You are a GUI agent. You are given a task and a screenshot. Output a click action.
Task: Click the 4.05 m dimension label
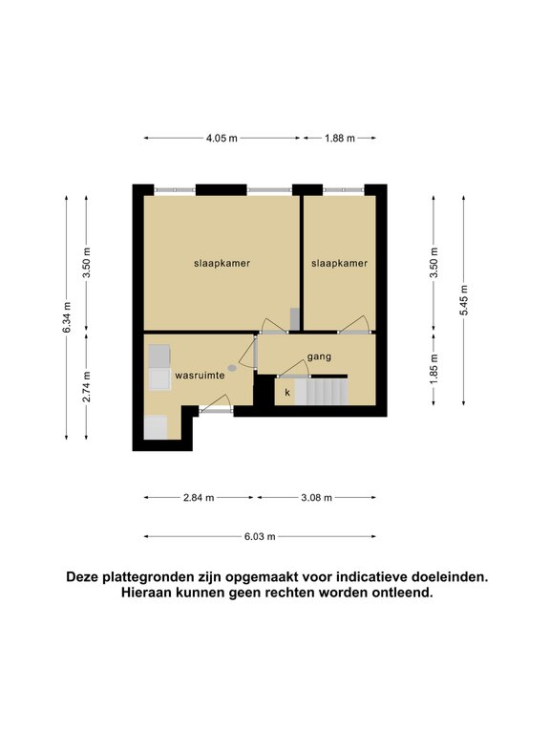click(222, 138)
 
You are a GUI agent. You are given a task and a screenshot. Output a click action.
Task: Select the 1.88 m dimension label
click(340, 138)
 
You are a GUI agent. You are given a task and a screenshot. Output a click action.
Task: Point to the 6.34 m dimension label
click(67, 317)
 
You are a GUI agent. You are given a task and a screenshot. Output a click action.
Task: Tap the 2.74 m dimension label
click(87, 387)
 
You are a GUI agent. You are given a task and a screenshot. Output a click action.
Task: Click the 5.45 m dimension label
click(463, 300)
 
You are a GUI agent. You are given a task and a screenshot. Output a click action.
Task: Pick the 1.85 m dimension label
click(434, 369)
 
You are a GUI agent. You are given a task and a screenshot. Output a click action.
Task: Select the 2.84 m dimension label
click(199, 498)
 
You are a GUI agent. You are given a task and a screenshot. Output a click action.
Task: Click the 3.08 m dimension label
click(317, 498)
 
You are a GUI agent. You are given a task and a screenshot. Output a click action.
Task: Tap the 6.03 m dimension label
click(260, 536)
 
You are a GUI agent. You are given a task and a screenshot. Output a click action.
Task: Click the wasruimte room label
click(200, 376)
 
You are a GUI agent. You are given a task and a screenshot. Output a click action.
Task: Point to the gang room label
click(319, 356)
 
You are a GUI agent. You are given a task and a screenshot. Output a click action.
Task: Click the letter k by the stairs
click(287, 392)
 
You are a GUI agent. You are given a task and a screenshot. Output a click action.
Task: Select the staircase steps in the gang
click(321, 392)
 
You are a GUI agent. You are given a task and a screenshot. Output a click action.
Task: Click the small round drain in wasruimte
click(232, 368)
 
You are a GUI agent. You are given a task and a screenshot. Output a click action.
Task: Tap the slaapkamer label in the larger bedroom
click(222, 264)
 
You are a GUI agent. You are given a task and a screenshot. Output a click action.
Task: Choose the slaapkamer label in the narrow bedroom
click(340, 264)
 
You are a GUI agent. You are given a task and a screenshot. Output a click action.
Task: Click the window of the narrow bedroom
click(344, 190)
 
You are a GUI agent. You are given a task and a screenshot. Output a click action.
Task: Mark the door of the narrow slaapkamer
click(356, 325)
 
